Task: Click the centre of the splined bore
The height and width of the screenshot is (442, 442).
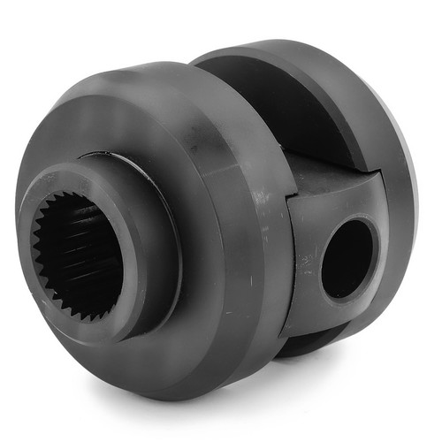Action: point(77,253)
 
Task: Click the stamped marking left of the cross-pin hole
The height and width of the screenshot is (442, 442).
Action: point(305,262)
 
